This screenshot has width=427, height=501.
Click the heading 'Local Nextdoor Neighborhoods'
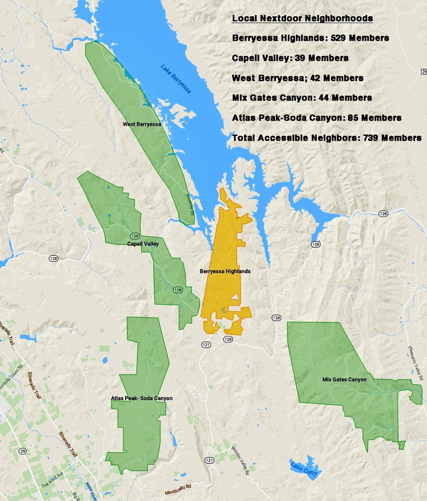(302, 18)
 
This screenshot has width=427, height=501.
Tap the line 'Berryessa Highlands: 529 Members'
(310, 38)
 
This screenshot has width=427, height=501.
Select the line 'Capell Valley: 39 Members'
(290, 58)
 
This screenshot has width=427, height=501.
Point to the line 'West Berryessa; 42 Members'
(297, 78)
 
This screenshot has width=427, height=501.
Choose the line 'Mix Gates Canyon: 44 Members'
(301, 97)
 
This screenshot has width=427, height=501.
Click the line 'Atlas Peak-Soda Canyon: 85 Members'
(316, 118)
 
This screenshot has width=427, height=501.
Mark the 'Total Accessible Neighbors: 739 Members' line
(327, 138)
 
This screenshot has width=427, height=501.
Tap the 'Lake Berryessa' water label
(176, 79)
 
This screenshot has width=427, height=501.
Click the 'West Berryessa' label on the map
(142, 124)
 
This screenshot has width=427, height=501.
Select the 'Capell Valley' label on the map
(143, 244)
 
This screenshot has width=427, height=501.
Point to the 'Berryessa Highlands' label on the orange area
(225, 272)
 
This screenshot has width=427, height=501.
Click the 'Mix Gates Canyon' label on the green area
(344, 379)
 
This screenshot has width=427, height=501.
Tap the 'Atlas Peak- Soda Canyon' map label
(142, 398)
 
